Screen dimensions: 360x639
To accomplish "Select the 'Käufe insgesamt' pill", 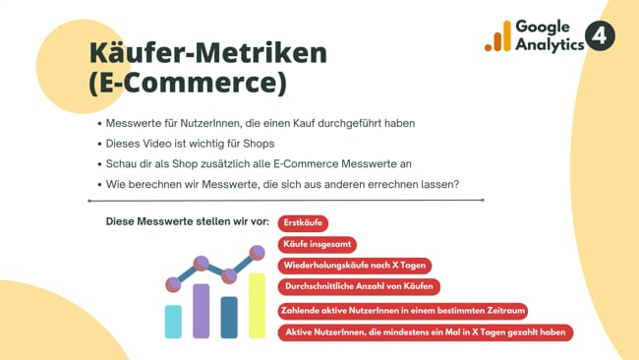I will [318, 244].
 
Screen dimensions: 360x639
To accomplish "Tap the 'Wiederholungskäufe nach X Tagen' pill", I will [355, 266].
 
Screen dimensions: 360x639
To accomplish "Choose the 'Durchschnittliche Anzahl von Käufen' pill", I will [359, 286].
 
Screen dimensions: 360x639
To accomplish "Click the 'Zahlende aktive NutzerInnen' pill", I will [403, 311].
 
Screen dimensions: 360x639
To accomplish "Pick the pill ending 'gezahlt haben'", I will [426, 332].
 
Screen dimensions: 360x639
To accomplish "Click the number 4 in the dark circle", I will [600, 36].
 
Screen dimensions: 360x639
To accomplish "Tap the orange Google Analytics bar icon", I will [498, 37].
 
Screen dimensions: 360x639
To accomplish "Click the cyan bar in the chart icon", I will [173, 322].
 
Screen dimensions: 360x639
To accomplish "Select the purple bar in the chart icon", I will [201, 311].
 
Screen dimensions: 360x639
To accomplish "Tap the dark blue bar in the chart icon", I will [229, 317].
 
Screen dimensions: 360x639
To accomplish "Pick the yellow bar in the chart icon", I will [257, 306].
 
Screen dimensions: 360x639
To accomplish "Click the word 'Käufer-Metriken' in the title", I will [207, 53].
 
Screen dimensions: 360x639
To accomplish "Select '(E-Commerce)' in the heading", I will [187, 84].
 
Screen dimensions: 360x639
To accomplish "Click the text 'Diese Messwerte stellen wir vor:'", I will [187, 222].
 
